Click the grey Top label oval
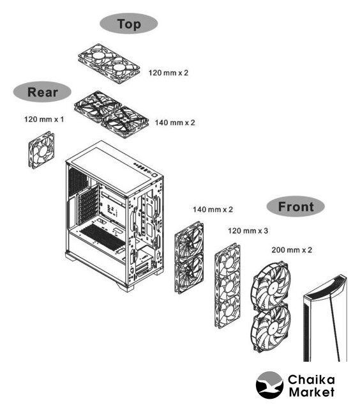[x=129, y=24]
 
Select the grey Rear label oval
[x=42, y=92]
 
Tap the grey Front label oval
[x=296, y=206]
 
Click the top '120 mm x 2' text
[x=169, y=73]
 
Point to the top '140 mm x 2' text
[x=175, y=123]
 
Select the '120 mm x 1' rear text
[x=44, y=120]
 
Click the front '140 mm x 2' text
[x=213, y=210]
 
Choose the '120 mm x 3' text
[x=248, y=231]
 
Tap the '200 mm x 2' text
[x=292, y=250]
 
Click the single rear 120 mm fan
[x=41, y=150]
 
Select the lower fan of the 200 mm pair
[x=271, y=328]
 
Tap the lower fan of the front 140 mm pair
[x=189, y=273]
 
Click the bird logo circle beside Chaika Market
[x=269, y=385]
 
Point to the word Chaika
[x=311, y=379]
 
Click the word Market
[x=311, y=392]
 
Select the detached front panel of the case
[x=326, y=318]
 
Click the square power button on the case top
[x=154, y=175]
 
